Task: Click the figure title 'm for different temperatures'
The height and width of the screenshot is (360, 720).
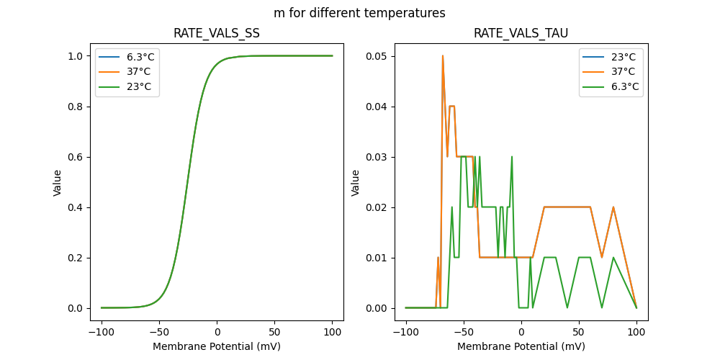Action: point(359,13)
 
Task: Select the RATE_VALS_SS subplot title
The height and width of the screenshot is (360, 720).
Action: point(217,34)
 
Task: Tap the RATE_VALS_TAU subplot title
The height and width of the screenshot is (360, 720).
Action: point(521,34)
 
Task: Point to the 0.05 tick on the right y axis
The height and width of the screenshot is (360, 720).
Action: point(377,56)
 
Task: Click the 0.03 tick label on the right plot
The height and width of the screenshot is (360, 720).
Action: point(377,157)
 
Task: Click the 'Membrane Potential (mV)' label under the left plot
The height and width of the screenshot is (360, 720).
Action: point(217,346)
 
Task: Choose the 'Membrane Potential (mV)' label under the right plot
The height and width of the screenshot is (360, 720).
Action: point(521,346)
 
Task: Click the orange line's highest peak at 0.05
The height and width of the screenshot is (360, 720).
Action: point(443,56)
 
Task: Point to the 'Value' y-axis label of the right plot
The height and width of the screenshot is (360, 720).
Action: point(356,183)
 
